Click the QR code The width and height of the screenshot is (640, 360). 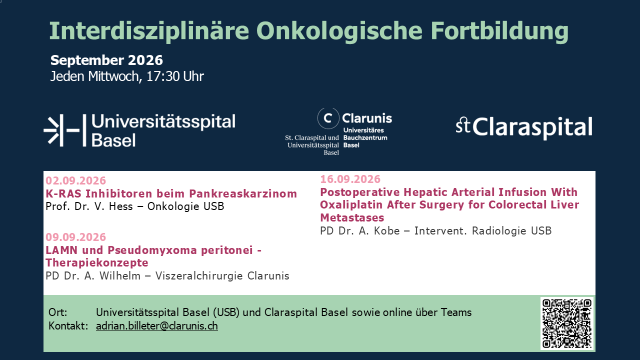click(567, 323)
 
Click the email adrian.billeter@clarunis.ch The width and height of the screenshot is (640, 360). click(157, 326)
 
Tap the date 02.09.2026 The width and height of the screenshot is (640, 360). click(75, 180)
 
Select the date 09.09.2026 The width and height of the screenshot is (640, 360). click(75, 237)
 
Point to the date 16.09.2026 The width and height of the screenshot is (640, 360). click(350, 179)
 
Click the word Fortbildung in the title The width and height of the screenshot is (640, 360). click(499, 31)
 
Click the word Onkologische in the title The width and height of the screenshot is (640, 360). click(339, 31)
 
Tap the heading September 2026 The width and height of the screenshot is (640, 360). click(106, 60)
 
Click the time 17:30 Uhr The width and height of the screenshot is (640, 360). click(175, 76)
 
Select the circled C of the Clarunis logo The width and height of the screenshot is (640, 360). click(328, 118)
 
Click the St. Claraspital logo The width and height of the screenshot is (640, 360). click(524, 127)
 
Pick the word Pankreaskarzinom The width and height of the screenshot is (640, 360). click(243, 193)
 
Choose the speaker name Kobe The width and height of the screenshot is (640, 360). click(387, 231)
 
